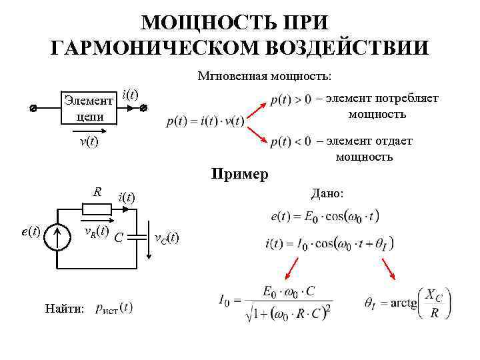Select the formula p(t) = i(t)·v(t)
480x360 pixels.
click(206, 121)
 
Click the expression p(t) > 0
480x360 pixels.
click(290, 100)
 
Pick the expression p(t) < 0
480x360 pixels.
click(290, 141)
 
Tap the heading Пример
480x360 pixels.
click(240, 175)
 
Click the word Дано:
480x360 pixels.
click(327, 193)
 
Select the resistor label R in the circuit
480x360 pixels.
click(97, 193)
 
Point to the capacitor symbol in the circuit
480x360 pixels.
click(137, 236)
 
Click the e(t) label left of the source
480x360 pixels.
click(31, 231)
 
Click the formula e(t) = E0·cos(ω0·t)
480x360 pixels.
click(325, 216)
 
